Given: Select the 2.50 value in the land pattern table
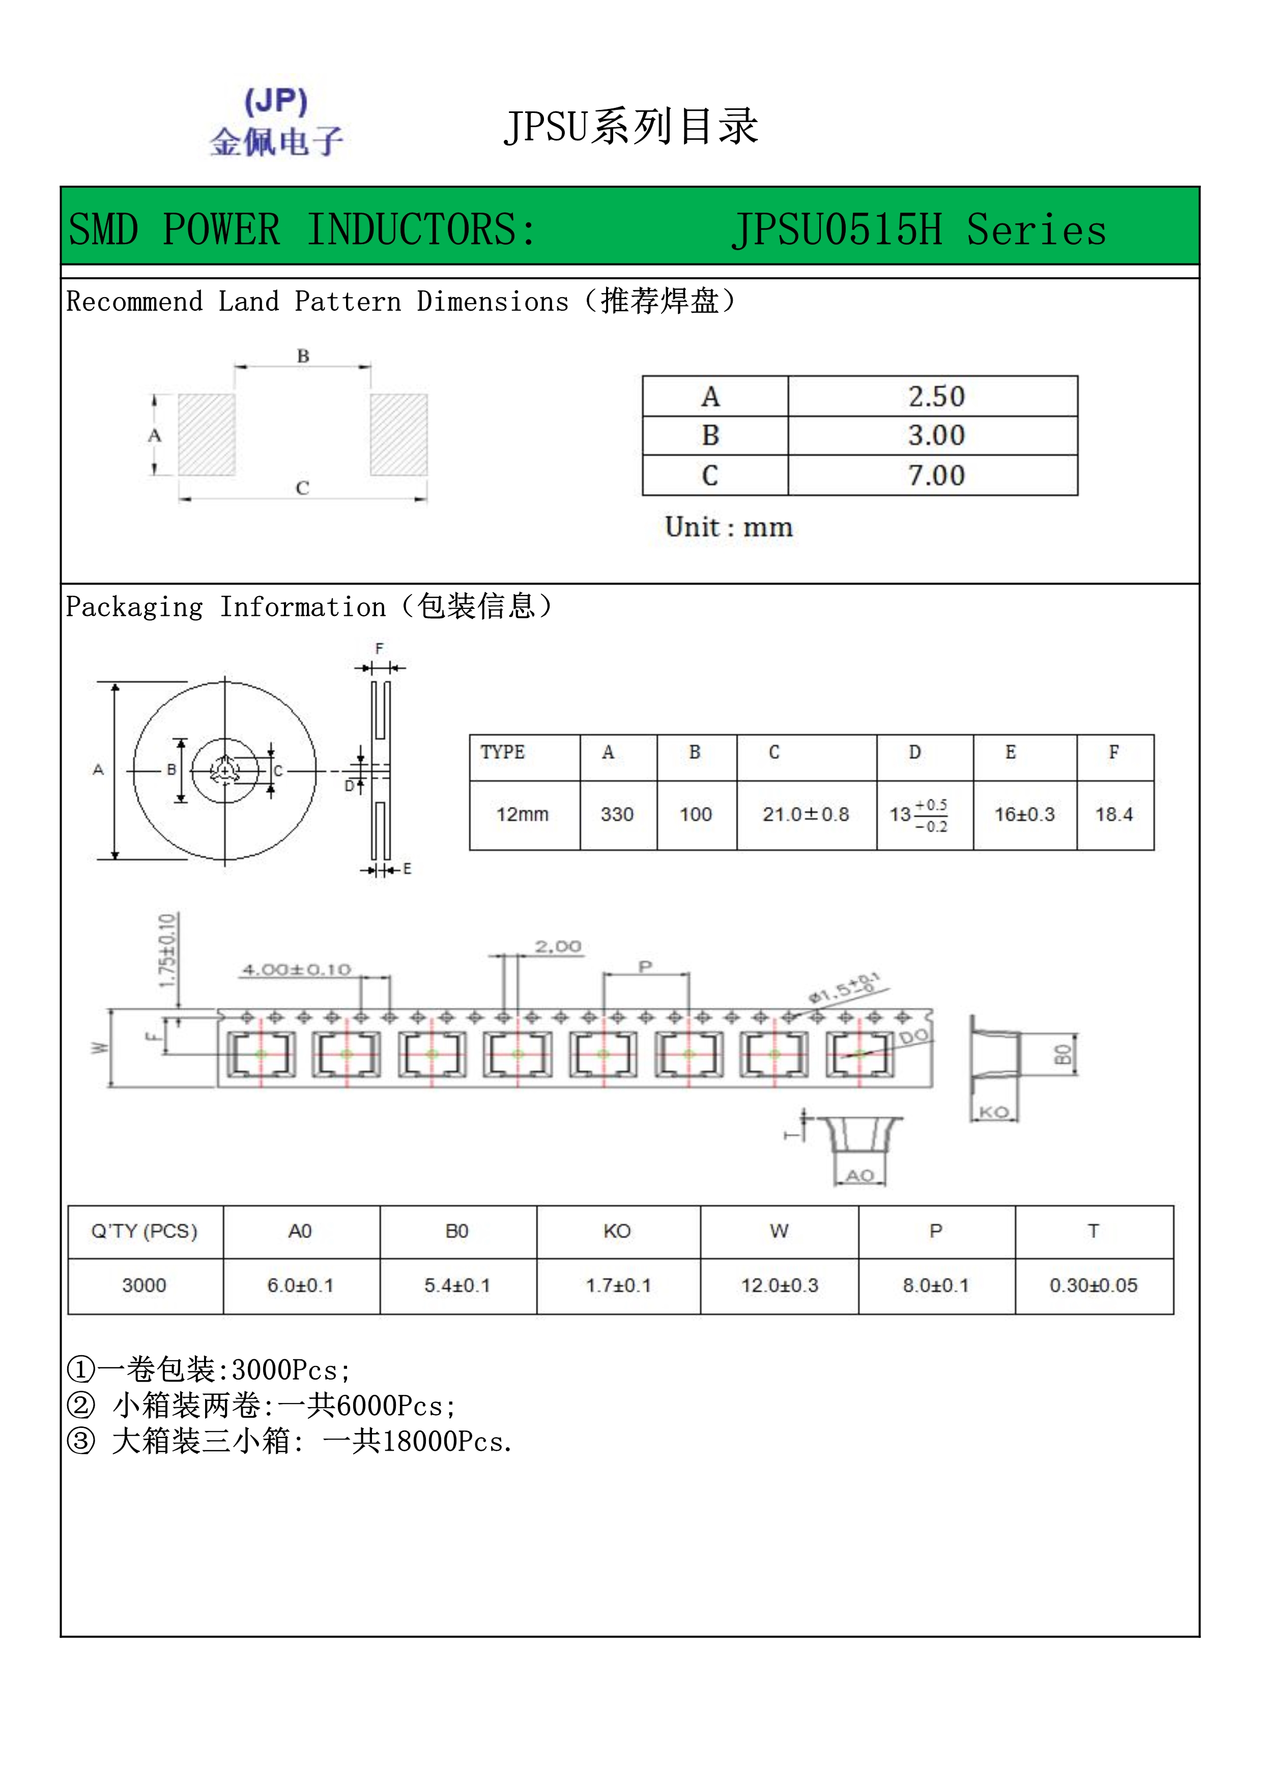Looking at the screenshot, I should click(x=936, y=397).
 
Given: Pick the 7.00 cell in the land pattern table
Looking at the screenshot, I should click(x=936, y=476).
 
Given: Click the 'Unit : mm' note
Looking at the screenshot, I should click(x=728, y=528).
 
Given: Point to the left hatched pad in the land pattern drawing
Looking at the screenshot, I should click(x=207, y=434).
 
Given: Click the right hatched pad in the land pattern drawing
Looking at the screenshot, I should click(x=398, y=434).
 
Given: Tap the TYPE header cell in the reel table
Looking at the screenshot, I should click(x=503, y=752).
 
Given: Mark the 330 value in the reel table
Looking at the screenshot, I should click(x=617, y=814).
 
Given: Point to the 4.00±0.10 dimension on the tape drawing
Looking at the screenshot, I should click(x=297, y=970).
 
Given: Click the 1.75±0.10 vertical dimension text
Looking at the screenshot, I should click(x=167, y=951).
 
